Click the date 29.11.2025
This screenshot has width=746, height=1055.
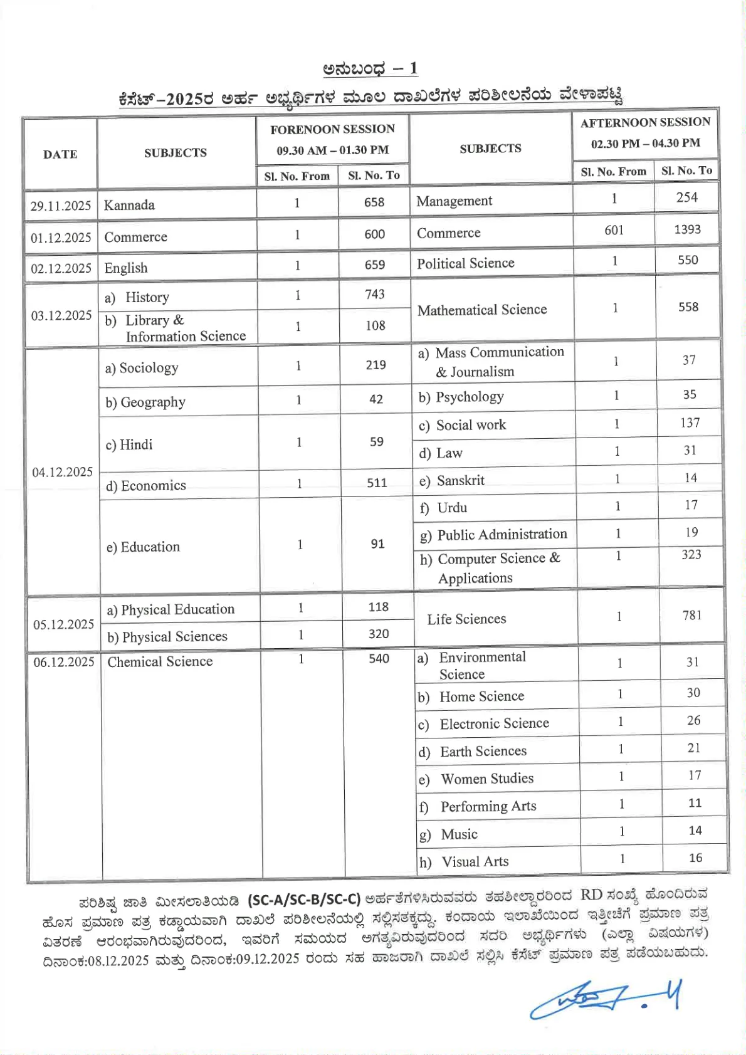(61, 206)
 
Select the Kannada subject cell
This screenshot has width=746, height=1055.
(129, 205)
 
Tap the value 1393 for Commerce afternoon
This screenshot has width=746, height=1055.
(687, 229)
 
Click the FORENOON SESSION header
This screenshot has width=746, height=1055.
(332, 129)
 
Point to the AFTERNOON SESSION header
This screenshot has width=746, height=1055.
(645, 122)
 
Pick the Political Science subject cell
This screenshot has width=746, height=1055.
(466, 263)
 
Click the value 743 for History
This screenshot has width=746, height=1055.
(375, 295)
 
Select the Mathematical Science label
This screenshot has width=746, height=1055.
(482, 310)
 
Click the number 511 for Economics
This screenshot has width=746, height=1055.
(377, 483)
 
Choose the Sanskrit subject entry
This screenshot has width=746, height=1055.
(461, 481)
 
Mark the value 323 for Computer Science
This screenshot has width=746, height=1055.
(691, 555)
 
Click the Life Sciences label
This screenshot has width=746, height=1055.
(466, 619)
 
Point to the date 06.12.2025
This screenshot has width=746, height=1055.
(64, 662)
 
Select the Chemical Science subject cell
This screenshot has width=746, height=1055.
(160, 662)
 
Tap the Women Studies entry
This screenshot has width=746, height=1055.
(487, 779)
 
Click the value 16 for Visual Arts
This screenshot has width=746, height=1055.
(695, 858)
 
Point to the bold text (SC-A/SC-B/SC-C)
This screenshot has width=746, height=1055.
(304, 900)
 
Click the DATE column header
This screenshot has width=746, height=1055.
(60, 154)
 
